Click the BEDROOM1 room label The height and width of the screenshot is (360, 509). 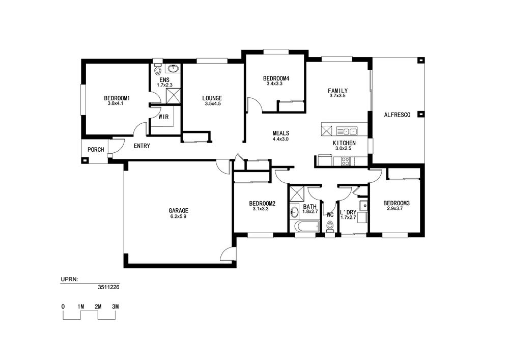coord(117,98)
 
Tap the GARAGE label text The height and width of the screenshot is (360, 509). coord(178,211)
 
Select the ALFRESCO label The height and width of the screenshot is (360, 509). coord(397,115)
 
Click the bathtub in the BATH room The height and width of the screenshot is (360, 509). coord(307,227)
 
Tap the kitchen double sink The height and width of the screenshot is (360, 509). coord(346,131)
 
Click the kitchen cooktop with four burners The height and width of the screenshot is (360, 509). coord(346,161)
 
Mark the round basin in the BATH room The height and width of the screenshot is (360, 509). coord(294,212)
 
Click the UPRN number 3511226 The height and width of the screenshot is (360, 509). coord(108,287)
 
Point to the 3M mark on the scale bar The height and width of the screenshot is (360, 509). coord(115,307)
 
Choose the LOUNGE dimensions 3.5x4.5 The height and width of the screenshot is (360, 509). coord(212,104)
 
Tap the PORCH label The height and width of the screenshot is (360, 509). coord(96,150)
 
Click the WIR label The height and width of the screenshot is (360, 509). coord(163,117)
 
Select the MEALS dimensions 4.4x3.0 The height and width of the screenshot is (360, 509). coord(281,139)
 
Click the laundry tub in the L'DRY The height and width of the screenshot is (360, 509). coord(363,206)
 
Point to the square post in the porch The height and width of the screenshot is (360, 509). coord(85,160)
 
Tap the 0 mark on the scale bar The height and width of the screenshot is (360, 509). coord(63,307)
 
